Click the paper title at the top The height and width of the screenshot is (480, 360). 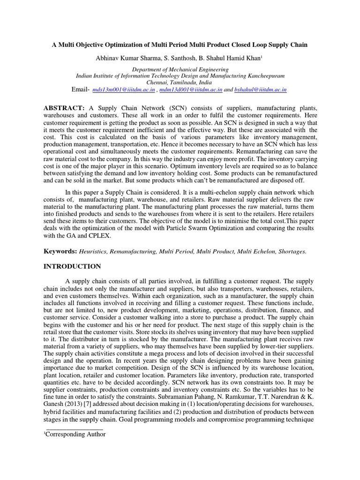click(180, 45)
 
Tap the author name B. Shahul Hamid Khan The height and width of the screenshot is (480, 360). click(225, 58)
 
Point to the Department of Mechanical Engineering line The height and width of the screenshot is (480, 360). click(180, 69)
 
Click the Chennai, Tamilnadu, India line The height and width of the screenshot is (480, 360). click(180, 82)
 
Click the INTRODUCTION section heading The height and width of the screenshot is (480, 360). click(72, 267)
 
